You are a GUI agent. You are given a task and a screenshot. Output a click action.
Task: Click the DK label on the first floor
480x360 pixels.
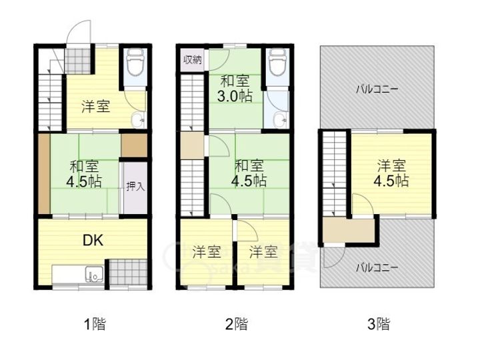pos(93,241)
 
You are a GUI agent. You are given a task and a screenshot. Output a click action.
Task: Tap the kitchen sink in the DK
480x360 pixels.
pos(94,274)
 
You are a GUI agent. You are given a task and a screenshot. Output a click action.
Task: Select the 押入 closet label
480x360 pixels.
pos(135,186)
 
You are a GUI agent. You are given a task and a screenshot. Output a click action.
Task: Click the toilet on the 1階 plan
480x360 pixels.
pos(135,63)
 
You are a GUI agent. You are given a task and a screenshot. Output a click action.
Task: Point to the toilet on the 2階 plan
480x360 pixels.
pos(277,63)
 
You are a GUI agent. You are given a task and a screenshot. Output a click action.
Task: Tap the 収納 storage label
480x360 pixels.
pos(192,60)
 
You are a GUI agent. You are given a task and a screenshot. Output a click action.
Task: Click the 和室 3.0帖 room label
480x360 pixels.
pos(235,89)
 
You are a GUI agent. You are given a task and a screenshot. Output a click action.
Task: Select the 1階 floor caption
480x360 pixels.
pos(95,324)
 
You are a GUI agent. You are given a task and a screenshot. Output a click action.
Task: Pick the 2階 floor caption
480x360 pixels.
pos(236,324)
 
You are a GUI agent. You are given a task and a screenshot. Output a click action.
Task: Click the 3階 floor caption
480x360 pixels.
pos(379,324)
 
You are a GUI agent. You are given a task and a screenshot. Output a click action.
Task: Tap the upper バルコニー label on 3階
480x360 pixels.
pos(377,89)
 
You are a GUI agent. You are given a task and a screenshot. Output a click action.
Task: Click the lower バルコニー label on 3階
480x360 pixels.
pos(377,268)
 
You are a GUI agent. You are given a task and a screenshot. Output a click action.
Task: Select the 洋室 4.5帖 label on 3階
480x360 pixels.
pos(391,173)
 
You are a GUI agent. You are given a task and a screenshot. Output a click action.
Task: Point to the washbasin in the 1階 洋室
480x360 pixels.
pos(138,120)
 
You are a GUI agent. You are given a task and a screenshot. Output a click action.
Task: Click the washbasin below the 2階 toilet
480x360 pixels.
pos(280,120)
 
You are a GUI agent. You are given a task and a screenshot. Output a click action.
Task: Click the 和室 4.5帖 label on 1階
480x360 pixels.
pos(84,175)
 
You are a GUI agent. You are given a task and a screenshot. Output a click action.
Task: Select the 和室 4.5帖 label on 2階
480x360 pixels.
pos(249,173)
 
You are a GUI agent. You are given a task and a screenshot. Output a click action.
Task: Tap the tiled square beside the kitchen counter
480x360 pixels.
pos(128,272)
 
